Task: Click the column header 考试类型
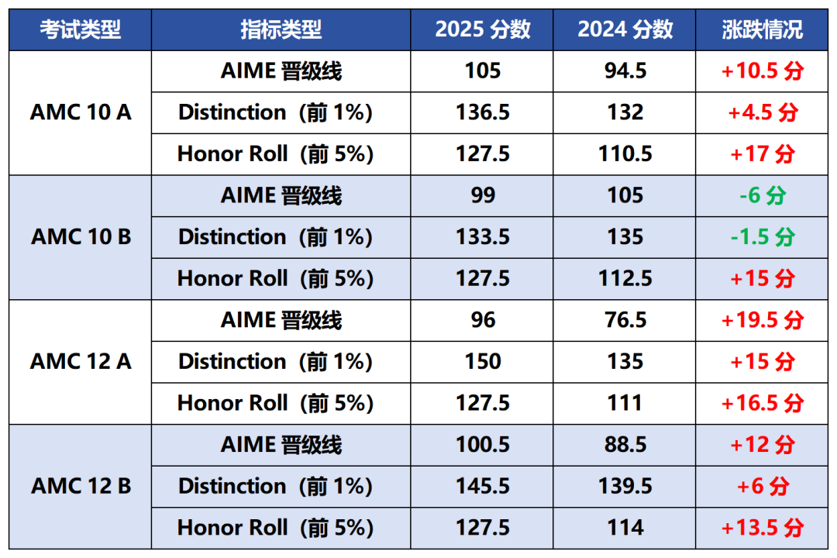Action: click(x=81, y=29)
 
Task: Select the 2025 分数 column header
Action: click(x=482, y=29)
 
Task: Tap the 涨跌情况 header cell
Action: click(x=762, y=29)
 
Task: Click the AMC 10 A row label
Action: click(x=81, y=112)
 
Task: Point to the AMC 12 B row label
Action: click(x=81, y=486)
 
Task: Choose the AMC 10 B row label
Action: click(x=81, y=236)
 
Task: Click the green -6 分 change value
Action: click(x=762, y=195)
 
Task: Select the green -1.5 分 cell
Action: click(x=762, y=236)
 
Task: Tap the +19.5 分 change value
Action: click(x=762, y=320)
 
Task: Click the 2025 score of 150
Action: click(x=482, y=361)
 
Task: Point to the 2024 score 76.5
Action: click(x=625, y=320)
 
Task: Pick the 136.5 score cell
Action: click(x=482, y=112)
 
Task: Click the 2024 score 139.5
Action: click(x=625, y=486)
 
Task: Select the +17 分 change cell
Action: click(x=762, y=153)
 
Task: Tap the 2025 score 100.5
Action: click(x=482, y=445)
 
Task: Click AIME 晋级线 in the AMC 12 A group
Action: click(x=281, y=320)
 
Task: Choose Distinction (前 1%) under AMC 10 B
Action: click(x=275, y=236)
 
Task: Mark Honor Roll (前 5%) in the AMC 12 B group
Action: click(x=275, y=528)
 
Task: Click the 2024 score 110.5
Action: click(x=625, y=153)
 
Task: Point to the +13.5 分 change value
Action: click(x=762, y=528)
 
